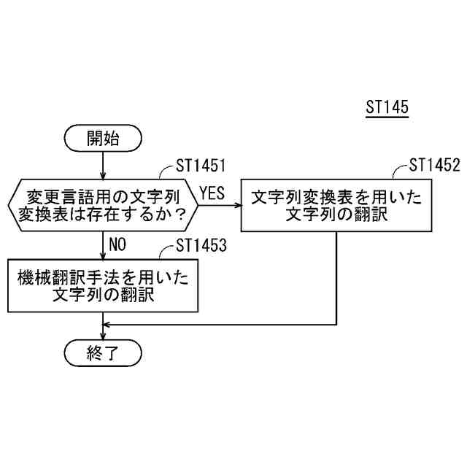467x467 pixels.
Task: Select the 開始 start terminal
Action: tap(103, 136)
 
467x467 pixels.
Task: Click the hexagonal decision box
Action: tap(103, 205)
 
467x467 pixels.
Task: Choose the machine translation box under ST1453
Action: tap(103, 284)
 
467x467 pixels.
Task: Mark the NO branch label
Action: tap(118, 244)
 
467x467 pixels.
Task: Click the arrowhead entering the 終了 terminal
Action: tap(103, 338)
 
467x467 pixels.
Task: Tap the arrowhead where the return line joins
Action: tap(107, 323)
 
